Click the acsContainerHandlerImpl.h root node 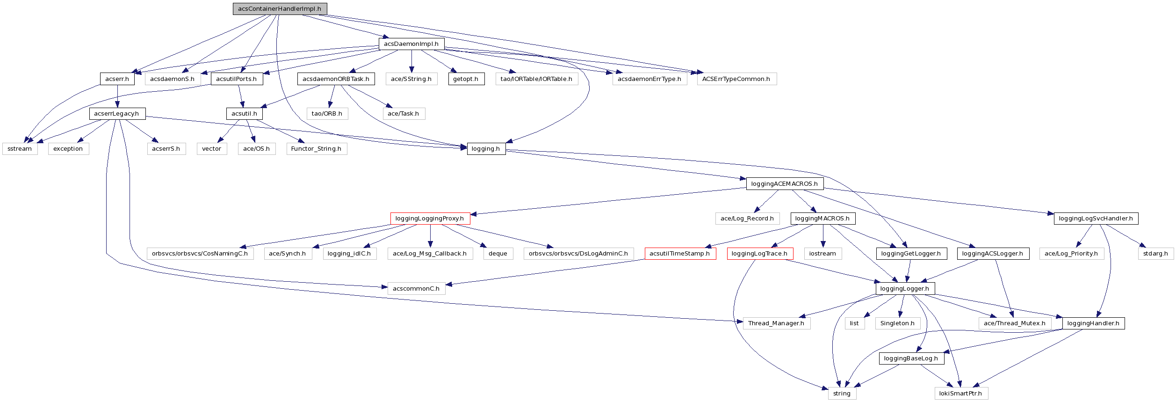[x=280, y=9]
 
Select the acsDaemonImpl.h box [x=411, y=44]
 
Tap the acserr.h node [x=117, y=79]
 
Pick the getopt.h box [x=466, y=79]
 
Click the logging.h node [x=486, y=149]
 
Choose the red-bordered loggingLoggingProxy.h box [x=430, y=219]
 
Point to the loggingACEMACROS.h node [x=784, y=184]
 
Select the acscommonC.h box [x=416, y=289]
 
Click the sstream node [x=20, y=149]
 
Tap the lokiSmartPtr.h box [x=961, y=394]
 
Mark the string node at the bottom [x=842, y=394]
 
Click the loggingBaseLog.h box [x=911, y=358]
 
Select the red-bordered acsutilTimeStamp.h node [x=680, y=254]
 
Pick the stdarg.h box [x=1155, y=254]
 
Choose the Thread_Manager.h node [x=776, y=323]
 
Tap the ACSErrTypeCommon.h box [x=736, y=79]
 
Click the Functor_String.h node [x=316, y=149]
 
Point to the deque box [x=498, y=254]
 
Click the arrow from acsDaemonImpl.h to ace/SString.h [x=411, y=61]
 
